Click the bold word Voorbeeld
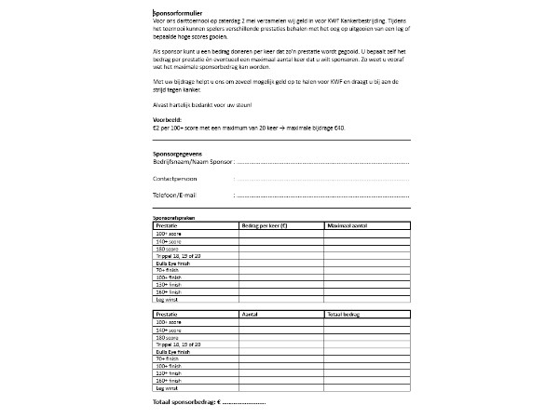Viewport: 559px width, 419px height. click(x=169, y=120)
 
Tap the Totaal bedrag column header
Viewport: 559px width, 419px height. click(x=346, y=317)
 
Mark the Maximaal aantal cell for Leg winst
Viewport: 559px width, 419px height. click(x=363, y=300)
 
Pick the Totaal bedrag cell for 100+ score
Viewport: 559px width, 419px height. click(x=363, y=324)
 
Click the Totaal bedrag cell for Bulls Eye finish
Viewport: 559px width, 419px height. click(x=363, y=352)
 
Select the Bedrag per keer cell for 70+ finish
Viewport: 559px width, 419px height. click(x=279, y=270)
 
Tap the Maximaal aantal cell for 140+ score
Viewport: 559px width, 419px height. click(x=363, y=240)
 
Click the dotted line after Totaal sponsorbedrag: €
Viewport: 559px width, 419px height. click(x=245, y=402)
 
